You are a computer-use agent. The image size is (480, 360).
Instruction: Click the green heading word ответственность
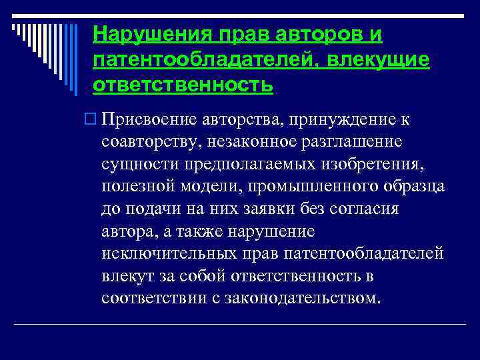pos(183,85)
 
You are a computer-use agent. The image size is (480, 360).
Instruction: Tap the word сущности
pos(134,164)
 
